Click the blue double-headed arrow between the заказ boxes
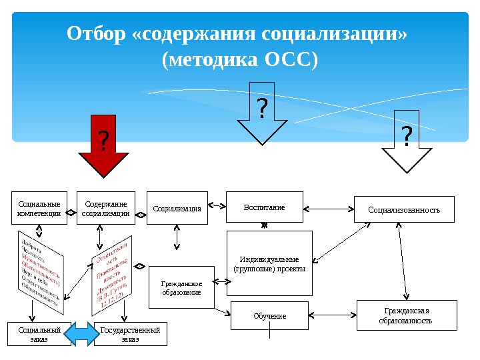[x=83, y=333]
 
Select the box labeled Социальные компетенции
[x=39, y=209]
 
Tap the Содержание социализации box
[x=105, y=209]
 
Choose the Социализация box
[x=177, y=209]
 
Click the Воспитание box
[x=264, y=207]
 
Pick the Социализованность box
[x=404, y=209]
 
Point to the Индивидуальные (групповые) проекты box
[x=269, y=263]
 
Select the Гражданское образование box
[x=181, y=287]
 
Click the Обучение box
[x=269, y=315]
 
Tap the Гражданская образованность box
[x=407, y=315]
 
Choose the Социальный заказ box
[x=39, y=334]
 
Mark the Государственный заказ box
[x=131, y=334]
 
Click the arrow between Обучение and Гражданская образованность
[x=333, y=314]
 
